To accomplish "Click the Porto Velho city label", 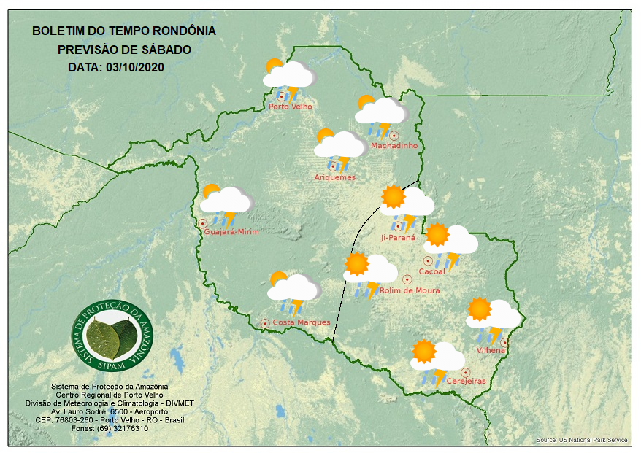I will pos(291,107).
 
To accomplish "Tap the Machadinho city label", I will pos(394,146).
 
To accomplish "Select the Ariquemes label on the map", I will pos(335,177).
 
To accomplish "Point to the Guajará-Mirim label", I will pos(232,232).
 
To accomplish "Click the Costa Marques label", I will pos(302,322).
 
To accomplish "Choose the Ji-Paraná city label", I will pos(398,238).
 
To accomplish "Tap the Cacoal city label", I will pos(431,272).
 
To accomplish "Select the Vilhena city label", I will pos(491,351).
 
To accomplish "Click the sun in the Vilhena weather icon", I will pos(480,309).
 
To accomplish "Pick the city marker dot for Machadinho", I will pos(394,135).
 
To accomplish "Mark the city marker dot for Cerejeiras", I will pos(465,372).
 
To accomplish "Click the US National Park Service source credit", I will pos(581,440).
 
